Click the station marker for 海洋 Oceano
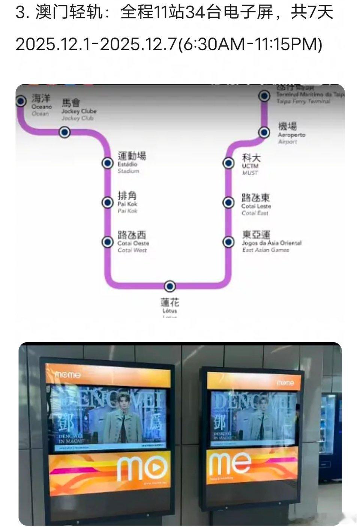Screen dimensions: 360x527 tap(21, 101)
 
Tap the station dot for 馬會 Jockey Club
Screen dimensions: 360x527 tap(65, 132)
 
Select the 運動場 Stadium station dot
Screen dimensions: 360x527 tap(108, 163)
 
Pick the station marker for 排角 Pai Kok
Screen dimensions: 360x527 tap(108, 203)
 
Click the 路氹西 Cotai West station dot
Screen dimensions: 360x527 tap(108, 242)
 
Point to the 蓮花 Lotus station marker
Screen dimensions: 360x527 tap(170, 286)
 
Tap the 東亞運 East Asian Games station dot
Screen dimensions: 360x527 tap(228, 242)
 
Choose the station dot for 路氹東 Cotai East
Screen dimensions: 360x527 tap(228, 203)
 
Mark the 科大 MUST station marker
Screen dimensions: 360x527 tap(228, 163)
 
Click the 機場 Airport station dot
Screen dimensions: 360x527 tap(264, 132)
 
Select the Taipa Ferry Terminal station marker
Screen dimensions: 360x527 tap(264, 96)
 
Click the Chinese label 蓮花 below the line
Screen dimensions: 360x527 tap(170, 302)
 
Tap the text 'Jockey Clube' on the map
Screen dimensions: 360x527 tap(79, 111)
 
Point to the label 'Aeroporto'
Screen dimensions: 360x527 tap(291, 135)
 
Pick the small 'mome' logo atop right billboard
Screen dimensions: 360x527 tap(285, 383)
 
